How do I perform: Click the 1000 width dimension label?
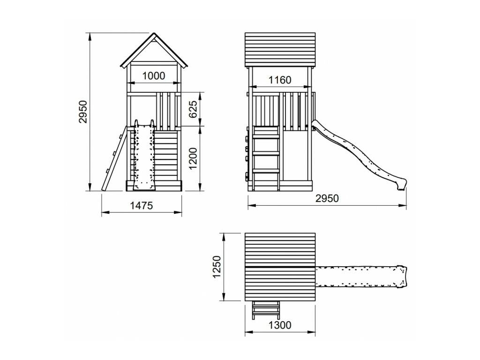pos(154,75)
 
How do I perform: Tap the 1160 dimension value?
pos(280,80)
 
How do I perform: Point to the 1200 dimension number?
pos(193,158)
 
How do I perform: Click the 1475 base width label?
pos(142,205)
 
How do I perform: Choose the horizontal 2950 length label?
pos(327,198)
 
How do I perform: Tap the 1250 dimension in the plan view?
pos(217,267)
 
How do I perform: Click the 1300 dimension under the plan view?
pos(280,325)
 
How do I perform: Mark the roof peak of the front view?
pos(154,33)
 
